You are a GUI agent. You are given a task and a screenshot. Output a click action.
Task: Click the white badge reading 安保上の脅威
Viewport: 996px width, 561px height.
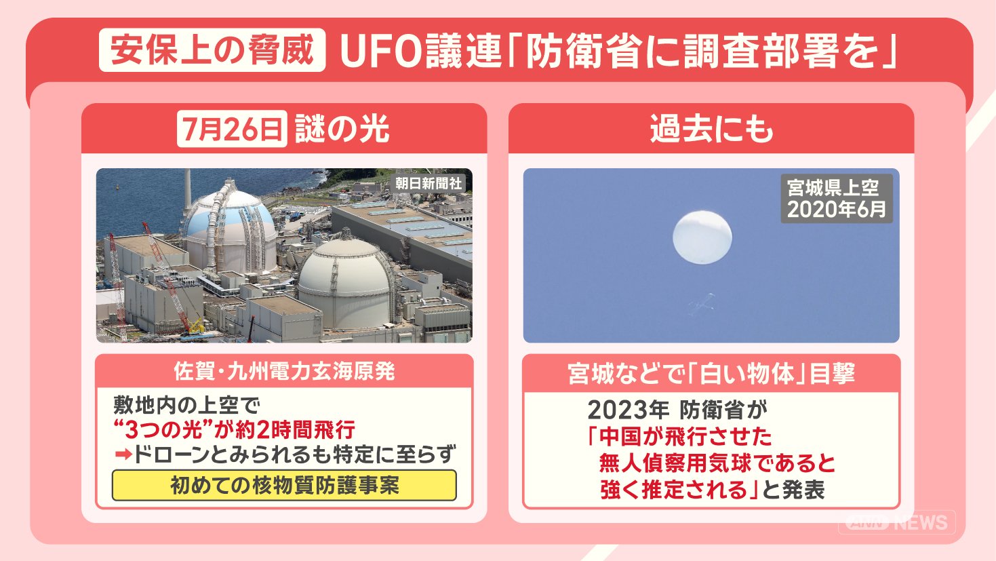[x=212, y=50]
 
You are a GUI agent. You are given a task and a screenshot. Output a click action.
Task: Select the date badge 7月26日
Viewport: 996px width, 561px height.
[x=232, y=129]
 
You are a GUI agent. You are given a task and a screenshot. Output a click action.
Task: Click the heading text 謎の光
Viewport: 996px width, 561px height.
[x=342, y=129]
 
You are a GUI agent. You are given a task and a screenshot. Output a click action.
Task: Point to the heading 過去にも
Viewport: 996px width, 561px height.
[x=711, y=129]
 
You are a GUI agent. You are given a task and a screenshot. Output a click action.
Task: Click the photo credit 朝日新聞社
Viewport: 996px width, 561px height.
[x=429, y=183]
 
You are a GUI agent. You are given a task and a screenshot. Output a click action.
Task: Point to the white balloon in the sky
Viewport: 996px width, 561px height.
[x=702, y=237]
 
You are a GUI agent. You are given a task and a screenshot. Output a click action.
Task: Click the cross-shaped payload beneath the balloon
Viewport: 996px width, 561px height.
[x=702, y=305]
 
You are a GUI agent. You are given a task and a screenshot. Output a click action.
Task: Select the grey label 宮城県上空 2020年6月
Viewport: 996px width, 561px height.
[x=837, y=198]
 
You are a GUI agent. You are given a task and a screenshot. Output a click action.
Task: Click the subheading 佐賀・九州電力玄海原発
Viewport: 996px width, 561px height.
[x=284, y=372]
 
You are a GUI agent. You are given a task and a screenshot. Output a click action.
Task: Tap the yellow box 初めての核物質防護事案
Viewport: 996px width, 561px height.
[x=284, y=486]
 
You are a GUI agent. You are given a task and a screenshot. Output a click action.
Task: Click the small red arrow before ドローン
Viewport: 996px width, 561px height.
[x=123, y=454]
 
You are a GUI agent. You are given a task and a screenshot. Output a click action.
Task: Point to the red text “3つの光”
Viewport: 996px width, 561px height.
[x=163, y=429]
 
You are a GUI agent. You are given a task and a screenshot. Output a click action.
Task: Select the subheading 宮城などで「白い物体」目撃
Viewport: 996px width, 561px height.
[x=711, y=373]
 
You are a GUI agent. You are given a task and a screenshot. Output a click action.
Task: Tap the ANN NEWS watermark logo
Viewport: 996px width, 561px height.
[x=896, y=522]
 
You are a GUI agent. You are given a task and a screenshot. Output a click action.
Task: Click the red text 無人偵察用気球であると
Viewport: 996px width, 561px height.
[x=717, y=463]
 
